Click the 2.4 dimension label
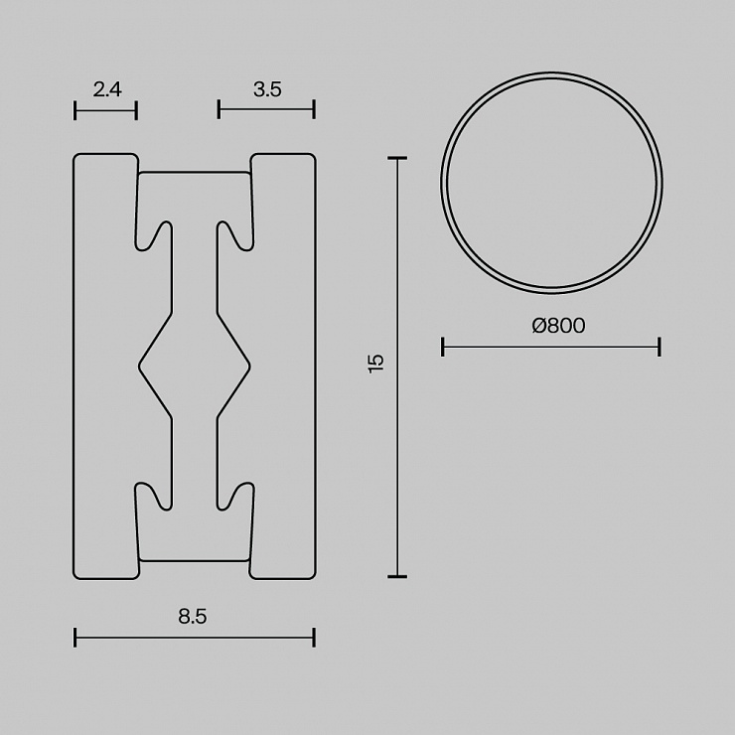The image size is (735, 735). click(x=107, y=89)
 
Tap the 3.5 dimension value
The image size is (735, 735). click(x=267, y=89)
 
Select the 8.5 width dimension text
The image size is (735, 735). click(x=192, y=616)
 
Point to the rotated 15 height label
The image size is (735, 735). click(x=375, y=363)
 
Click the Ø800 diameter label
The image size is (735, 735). click(x=558, y=326)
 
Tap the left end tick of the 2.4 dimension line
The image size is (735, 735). click(x=75, y=110)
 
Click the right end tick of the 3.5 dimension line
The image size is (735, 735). click(x=314, y=109)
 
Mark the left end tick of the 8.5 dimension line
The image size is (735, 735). click(x=75, y=638)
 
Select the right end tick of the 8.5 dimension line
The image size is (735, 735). click(x=314, y=638)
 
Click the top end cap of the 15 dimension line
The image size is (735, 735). click(x=397, y=159)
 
